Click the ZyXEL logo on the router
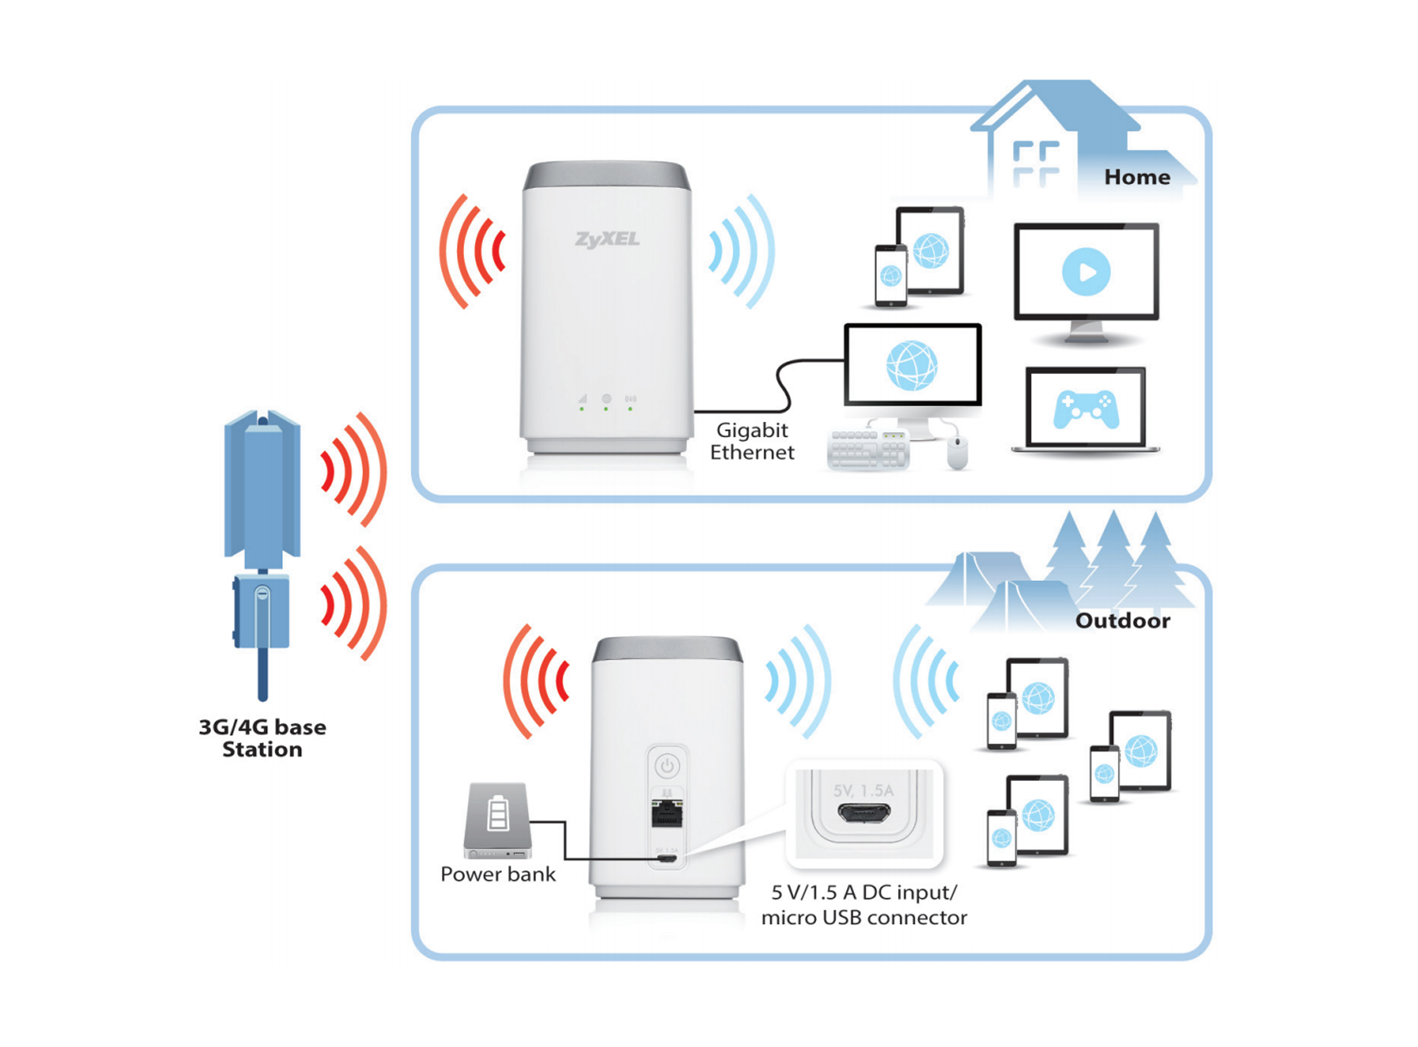pyautogui.click(x=607, y=239)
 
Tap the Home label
pyautogui.click(x=1136, y=177)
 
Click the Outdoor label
pyautogui.click(x=1122, y=620)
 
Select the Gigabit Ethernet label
pyautogui.click(x=752, y=441)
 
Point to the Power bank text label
pyautogui.click(x=497, y=874)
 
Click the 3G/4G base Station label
pyautogui.click(x=262, y=738)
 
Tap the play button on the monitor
pyautogui.click(x=1086, y=272)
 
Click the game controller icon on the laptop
pyautogui.click(x=1086, y=409)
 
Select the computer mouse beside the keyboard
pyautogui.click(x=956, y=453)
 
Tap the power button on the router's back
pyautogui.click(x=667, y=765)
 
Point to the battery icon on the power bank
pyautogui.click(x=498, y=813)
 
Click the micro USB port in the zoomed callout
pyautogui.click(x=864, y=813)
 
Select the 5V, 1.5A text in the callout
pyautogui.click(x=863, y=790)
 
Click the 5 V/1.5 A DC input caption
pyautogui.click(x=863, y=893)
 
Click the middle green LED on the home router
pyautogui.click(x=606, y=409)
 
